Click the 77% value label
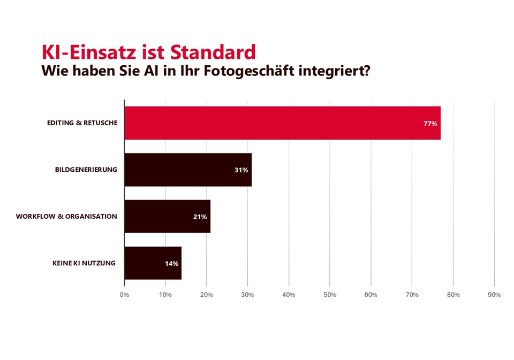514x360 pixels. pos(430,124)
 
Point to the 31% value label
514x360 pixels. pos(241,170)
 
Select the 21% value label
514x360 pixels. pos(200,217)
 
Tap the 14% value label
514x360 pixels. pos(171,263)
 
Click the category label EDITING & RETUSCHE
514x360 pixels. pos(82,123)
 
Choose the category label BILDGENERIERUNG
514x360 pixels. pos(86,170)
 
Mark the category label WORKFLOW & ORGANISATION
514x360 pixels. pos(66,216)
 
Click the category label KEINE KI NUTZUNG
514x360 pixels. pos(84,263)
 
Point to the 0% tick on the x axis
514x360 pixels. pos(124,295)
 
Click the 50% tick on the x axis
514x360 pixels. pos(330,295)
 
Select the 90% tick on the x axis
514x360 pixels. pos(494,295)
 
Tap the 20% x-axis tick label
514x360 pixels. pos(207,295)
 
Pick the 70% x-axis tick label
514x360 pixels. pos(412,295)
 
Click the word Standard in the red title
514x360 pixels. pos(213,52)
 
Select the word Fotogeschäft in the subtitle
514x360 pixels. pos(254,71)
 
